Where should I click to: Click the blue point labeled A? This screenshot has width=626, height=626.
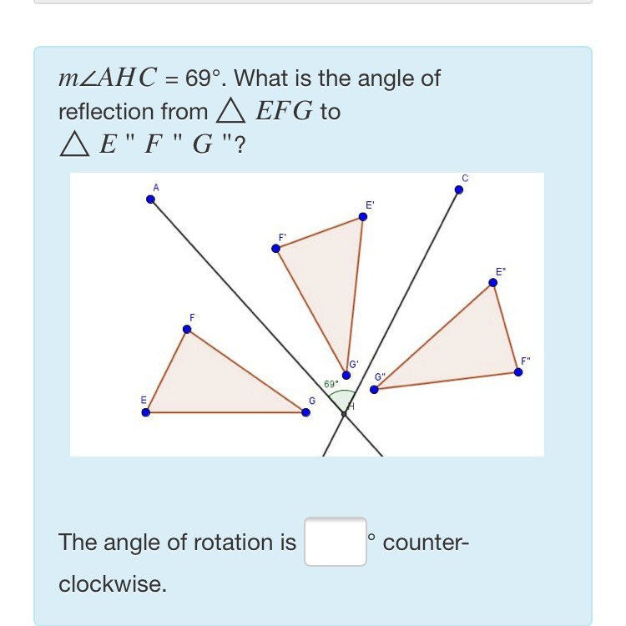coord(151,199)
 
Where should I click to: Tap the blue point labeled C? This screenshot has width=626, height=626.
coord(458,189)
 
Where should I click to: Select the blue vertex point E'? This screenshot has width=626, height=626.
coord(362,217)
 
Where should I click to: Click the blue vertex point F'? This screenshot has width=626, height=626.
coord(277,248)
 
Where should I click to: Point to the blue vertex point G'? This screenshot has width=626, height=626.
coord(346,375)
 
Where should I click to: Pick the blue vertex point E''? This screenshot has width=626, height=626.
coord(492,282)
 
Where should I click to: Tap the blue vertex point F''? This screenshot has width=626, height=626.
coord(518,371)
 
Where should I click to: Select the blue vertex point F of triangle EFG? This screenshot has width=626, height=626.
coord(187,330)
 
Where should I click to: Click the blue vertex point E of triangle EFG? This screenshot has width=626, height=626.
coord(146,411)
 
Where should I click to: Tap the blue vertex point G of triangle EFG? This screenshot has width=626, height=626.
coord(305,411)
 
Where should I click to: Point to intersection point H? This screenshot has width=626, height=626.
coord(344,413)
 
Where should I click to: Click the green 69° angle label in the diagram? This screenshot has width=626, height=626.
coord(331,384)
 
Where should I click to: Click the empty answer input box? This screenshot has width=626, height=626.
coord(335,542)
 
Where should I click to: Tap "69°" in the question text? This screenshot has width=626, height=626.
coord(206,78)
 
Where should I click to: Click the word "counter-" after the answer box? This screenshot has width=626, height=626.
coord(427,543)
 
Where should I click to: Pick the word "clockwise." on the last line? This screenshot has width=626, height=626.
coord(113,584)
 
